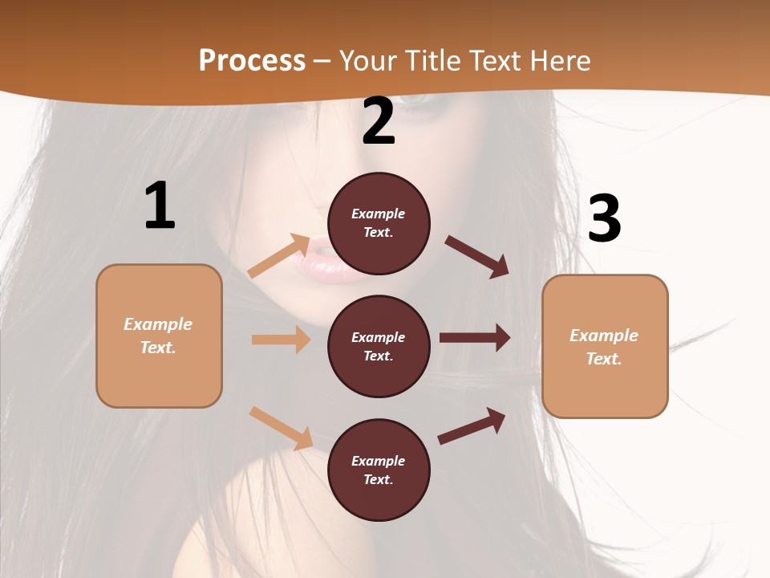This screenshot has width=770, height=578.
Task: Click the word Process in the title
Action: [x=252, y=61]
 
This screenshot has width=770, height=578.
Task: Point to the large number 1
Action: [x=160, y=206]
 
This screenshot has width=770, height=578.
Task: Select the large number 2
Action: [x=379, y=121]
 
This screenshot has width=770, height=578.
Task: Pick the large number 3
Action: [x=605, y=219]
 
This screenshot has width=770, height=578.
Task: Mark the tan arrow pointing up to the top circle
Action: [x=279, y=256]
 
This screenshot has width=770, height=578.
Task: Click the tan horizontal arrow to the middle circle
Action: [x=281, y=340]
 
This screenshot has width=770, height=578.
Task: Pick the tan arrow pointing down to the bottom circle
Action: [x=282, y=428]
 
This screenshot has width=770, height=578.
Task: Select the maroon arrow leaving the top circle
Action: [x=477, y=256]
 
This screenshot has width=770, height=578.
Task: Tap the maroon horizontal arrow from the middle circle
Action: [x=475, y=338]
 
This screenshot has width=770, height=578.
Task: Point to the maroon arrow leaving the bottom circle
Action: [x=472, y=426]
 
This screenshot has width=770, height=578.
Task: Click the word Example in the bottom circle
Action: [x=378, y=461]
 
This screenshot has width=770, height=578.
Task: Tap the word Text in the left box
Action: [x=157, y=348]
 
